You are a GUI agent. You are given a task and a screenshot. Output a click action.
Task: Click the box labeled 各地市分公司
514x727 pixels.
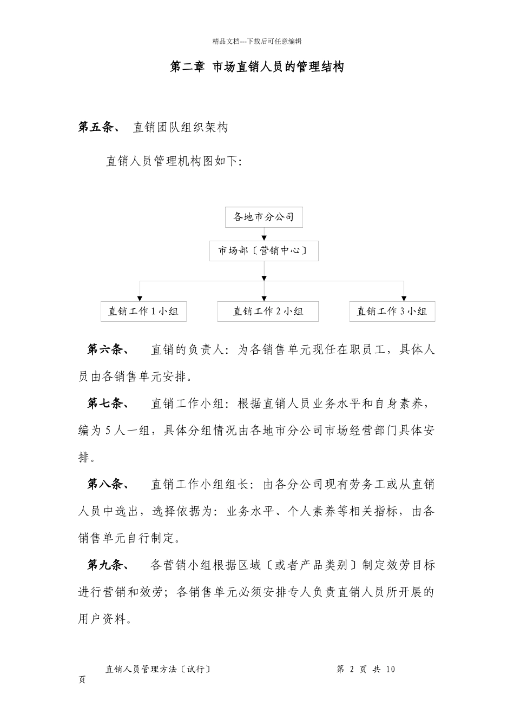tap(263, 217)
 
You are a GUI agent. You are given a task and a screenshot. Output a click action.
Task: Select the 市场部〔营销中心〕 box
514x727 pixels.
tap(263, 250)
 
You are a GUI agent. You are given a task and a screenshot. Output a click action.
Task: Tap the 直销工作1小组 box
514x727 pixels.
tap(143, 311)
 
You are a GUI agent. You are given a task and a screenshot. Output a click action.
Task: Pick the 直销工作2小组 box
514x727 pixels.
tap(268, 311)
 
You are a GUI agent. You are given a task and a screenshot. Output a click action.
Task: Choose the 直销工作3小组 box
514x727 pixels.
tap(392, 311)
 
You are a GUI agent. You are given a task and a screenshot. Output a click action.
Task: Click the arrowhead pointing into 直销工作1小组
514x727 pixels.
tap(140, 298)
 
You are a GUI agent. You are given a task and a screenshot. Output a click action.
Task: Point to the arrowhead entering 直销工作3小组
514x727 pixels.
tap(404, 298)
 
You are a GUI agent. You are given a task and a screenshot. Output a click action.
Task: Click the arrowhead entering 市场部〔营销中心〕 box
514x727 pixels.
tap(264, 237)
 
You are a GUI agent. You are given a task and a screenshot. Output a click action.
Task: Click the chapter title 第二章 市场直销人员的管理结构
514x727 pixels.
tap(257, 67)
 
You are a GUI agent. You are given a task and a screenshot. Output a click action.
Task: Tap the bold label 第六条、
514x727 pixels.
tap(108, 349)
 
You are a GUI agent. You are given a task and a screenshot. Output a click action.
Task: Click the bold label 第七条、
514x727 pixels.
tap(108, 404)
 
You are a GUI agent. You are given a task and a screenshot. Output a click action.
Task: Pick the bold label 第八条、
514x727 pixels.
tap(108, 484)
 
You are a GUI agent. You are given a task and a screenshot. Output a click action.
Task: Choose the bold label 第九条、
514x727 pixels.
tap(108, 565)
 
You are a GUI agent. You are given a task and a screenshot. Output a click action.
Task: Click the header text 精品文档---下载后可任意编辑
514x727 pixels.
tap(257, 41)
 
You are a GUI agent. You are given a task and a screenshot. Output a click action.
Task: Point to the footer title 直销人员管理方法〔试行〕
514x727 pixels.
tap(158, 669)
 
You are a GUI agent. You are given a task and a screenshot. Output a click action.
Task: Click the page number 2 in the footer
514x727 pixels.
tap(352, 670)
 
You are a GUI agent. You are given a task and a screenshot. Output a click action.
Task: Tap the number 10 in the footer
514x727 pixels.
tap(390, 670)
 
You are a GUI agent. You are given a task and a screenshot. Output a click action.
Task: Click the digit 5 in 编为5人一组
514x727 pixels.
tap(108, 431)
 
